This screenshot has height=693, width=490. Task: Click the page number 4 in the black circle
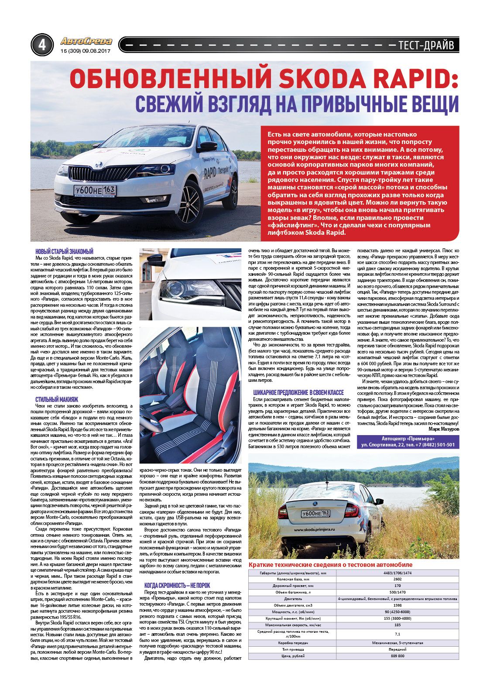click(x=42, y=45)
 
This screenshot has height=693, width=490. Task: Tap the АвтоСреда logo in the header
click(x=86, y=41)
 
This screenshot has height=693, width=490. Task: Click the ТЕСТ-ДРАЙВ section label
click(x=426, y=45)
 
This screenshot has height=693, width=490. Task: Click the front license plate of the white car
click(x=95, y=191)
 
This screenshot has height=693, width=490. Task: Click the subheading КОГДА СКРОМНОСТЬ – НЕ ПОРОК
click(x=177, y=585)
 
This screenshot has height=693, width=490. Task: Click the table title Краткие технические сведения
click(x=330, y=564)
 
